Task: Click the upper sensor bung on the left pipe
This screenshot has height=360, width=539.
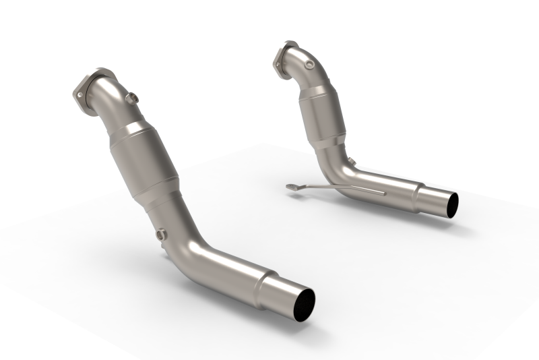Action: pos(133,98)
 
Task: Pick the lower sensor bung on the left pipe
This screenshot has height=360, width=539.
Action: pos(161,235)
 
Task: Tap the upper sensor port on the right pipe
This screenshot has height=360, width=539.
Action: pos(309,65)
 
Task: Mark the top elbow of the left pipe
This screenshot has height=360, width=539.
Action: pos(108,101)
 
